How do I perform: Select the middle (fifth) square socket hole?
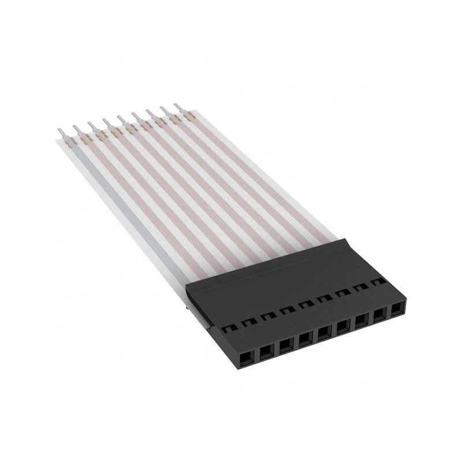tap(323, 331)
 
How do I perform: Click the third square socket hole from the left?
tap(286, 342)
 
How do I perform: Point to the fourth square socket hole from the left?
tap(304, 337)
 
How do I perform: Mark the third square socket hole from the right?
tap(361, 321)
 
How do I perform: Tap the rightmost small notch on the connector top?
tap(379, 281)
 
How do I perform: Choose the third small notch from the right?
tap(343, 293)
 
